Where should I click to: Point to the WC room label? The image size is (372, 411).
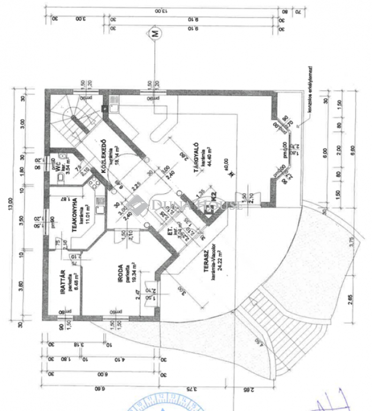[55, 166]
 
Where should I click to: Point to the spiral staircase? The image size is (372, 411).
[71, 122]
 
